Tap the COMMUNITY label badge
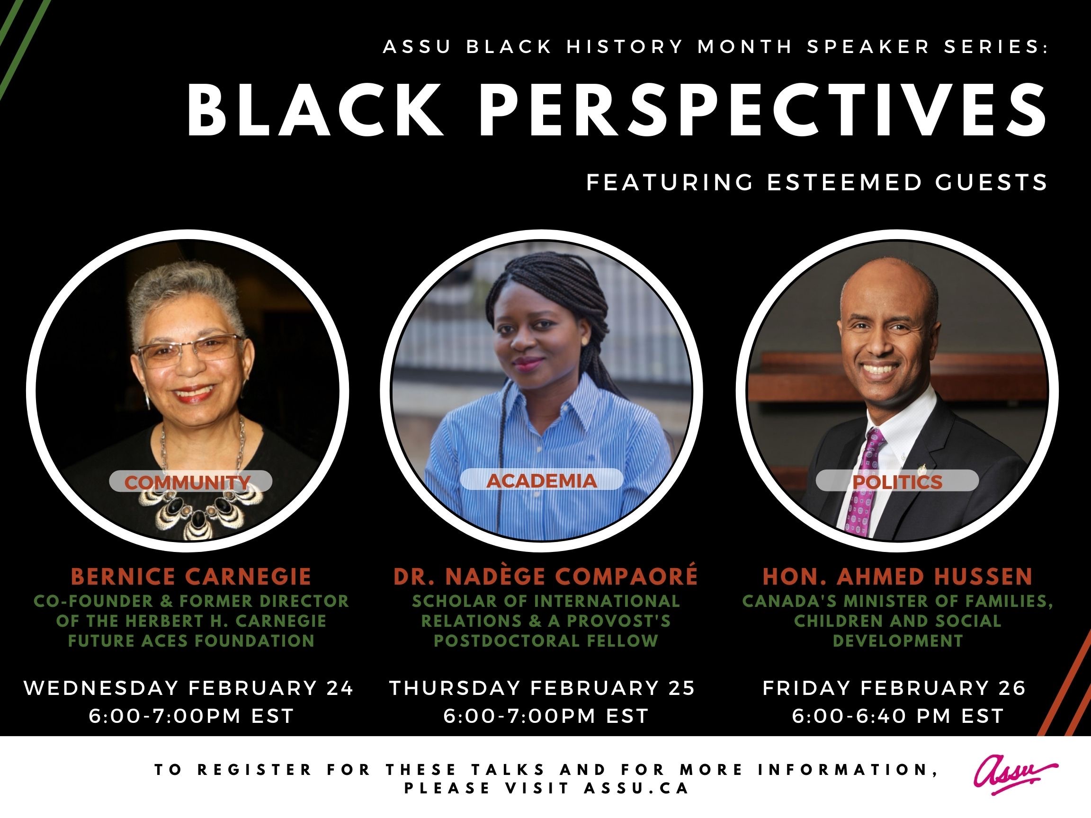190,481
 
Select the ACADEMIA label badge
542,480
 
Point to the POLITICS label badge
897,481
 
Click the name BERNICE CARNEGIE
191,577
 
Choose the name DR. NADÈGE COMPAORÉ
545,576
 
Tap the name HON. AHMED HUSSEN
898,577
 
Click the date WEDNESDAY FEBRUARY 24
189,688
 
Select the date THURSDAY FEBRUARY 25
543,688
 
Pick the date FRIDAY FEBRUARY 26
894,688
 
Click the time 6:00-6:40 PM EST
898,716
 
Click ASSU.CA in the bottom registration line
636,789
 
